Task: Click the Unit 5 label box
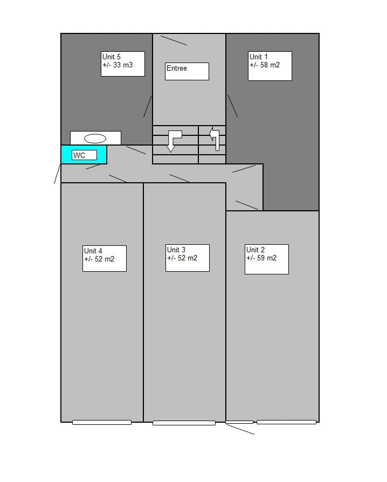[x=123, y=64]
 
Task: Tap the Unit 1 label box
[x=270, y=66]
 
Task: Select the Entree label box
[x=187, y=71]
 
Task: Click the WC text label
[x=79, y=155]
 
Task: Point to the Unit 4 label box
[x=105, y=258]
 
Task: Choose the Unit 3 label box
[x=188, y=258]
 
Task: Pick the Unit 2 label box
[x=266, y=259]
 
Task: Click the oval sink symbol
[x=95, y=139]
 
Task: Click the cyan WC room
[x=84, y=155]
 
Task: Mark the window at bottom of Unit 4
[x=102, y=422]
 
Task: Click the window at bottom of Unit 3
[x=184, y=423]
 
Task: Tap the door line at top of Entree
[x=174, y=40]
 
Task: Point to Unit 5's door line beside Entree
[x=148, y=106]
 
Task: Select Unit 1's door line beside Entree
[x=233, y=106]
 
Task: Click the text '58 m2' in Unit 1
[x=270, y=65]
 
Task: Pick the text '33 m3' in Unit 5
[x=123, y=65]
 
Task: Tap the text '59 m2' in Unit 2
[x=266, y=258]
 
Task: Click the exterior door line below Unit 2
[x=240, y=429]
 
